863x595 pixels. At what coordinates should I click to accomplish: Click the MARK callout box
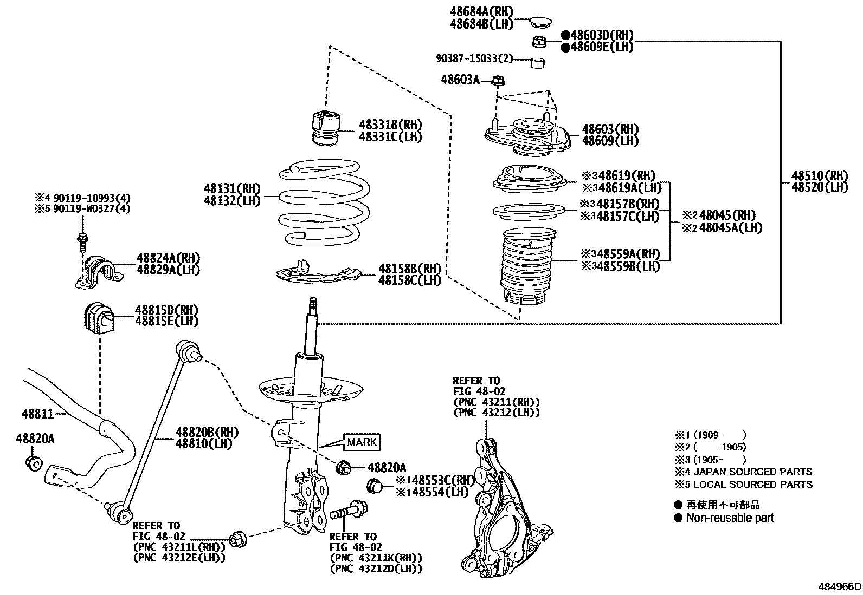coord(362,442)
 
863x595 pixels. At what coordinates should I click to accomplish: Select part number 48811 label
coord(38,414)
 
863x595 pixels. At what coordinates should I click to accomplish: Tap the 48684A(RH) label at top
coord(481,12)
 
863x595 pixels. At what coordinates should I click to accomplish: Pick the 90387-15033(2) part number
coord(474,58)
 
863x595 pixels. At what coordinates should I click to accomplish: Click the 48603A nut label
coord(460,80)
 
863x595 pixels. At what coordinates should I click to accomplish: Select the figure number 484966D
coord(840,586)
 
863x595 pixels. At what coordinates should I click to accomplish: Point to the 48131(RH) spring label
coord(232,189)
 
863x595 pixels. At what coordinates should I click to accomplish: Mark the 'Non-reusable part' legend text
coord(730,518)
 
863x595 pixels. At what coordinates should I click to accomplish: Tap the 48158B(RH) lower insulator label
coord(409,269)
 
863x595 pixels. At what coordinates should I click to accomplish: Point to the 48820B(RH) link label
coord(207,432)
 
